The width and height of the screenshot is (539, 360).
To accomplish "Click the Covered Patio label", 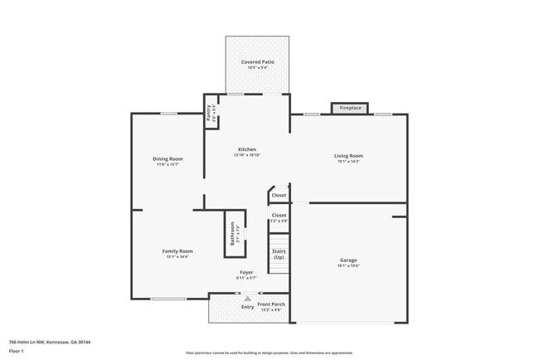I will coord(257,62).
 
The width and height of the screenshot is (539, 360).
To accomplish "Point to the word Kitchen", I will coord(247,149).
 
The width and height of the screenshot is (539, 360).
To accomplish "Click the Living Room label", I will coord(348,155).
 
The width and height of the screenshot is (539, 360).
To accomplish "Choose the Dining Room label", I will coord(168,158).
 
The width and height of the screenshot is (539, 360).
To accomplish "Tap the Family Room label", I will coord(177,251).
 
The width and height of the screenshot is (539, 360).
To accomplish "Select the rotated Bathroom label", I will coord(232,234).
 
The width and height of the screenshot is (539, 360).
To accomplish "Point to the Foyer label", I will coord(246,272).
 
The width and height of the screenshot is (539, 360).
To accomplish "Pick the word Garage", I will coord(348,260).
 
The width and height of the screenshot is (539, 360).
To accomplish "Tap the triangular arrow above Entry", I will coord(246,299).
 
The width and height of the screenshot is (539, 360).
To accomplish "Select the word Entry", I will coord(247,307).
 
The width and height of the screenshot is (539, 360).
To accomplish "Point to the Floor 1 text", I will coord(17,351).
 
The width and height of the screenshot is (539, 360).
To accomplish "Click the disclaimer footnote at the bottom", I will coord(269,353).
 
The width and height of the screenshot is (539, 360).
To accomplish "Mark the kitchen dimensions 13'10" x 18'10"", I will coord(247,155).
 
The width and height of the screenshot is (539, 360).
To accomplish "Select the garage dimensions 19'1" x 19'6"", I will coord(348,266).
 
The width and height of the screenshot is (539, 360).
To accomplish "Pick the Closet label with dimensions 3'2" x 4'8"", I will coord(279,221).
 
